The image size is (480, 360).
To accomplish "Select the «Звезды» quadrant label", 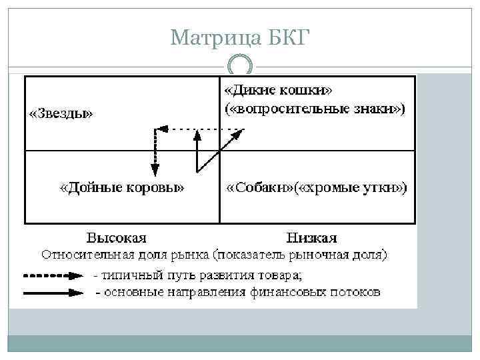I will (x=61, y=113).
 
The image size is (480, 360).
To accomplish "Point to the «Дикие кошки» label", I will (x=279, y=89).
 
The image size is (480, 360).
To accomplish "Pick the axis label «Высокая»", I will (x=117, y=237).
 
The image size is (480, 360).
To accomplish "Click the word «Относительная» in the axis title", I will (x=84, y=254).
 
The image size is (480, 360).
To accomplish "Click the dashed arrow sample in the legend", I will (x=53, y=274).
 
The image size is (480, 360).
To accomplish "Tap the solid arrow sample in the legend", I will (x=53, y=292).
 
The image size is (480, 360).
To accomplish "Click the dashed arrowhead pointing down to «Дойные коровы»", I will (x=155, y=172).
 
